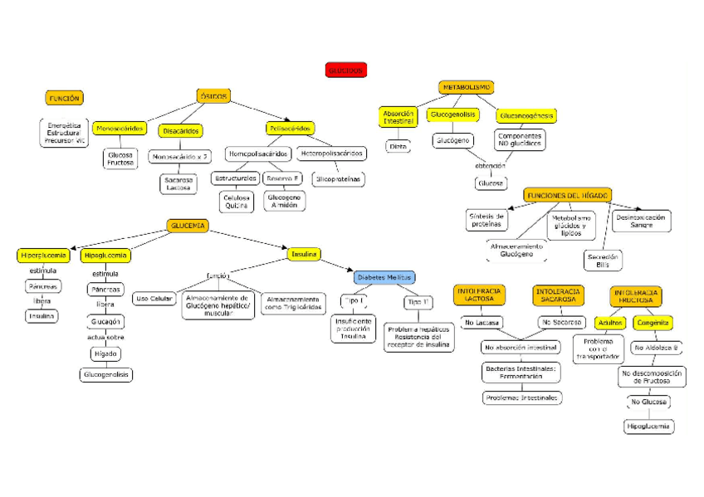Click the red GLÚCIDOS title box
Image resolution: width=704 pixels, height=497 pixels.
coord(345,71)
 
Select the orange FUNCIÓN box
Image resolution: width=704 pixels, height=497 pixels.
coord(64,98)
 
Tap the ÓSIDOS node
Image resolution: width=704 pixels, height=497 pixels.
coord(213,96)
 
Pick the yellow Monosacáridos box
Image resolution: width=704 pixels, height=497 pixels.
coord(120,129)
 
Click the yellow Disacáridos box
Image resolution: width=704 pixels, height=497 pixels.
coord(180,130)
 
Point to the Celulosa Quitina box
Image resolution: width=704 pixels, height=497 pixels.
coord(237,202)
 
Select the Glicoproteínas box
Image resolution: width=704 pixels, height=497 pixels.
coord(338,178)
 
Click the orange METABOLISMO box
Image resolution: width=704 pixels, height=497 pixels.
coord(467,87)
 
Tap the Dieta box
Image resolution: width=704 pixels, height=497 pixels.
coord(398,146)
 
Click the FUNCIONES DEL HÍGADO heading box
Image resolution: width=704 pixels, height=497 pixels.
coord(568,195)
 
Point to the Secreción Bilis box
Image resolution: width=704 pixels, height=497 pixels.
coord(603,261)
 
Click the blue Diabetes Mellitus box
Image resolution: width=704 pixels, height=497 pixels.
coord(384,277)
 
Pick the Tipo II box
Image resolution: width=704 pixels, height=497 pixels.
coord(418,302)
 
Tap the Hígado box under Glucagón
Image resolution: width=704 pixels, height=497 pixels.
coord(105,354)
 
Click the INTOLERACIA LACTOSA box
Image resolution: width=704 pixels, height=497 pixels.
coord(478,295)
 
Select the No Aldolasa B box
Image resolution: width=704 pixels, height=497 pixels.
coord(656,348)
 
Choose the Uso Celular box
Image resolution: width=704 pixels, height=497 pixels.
coord(154,299)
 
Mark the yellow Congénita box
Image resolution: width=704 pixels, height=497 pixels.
coord(653,322)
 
